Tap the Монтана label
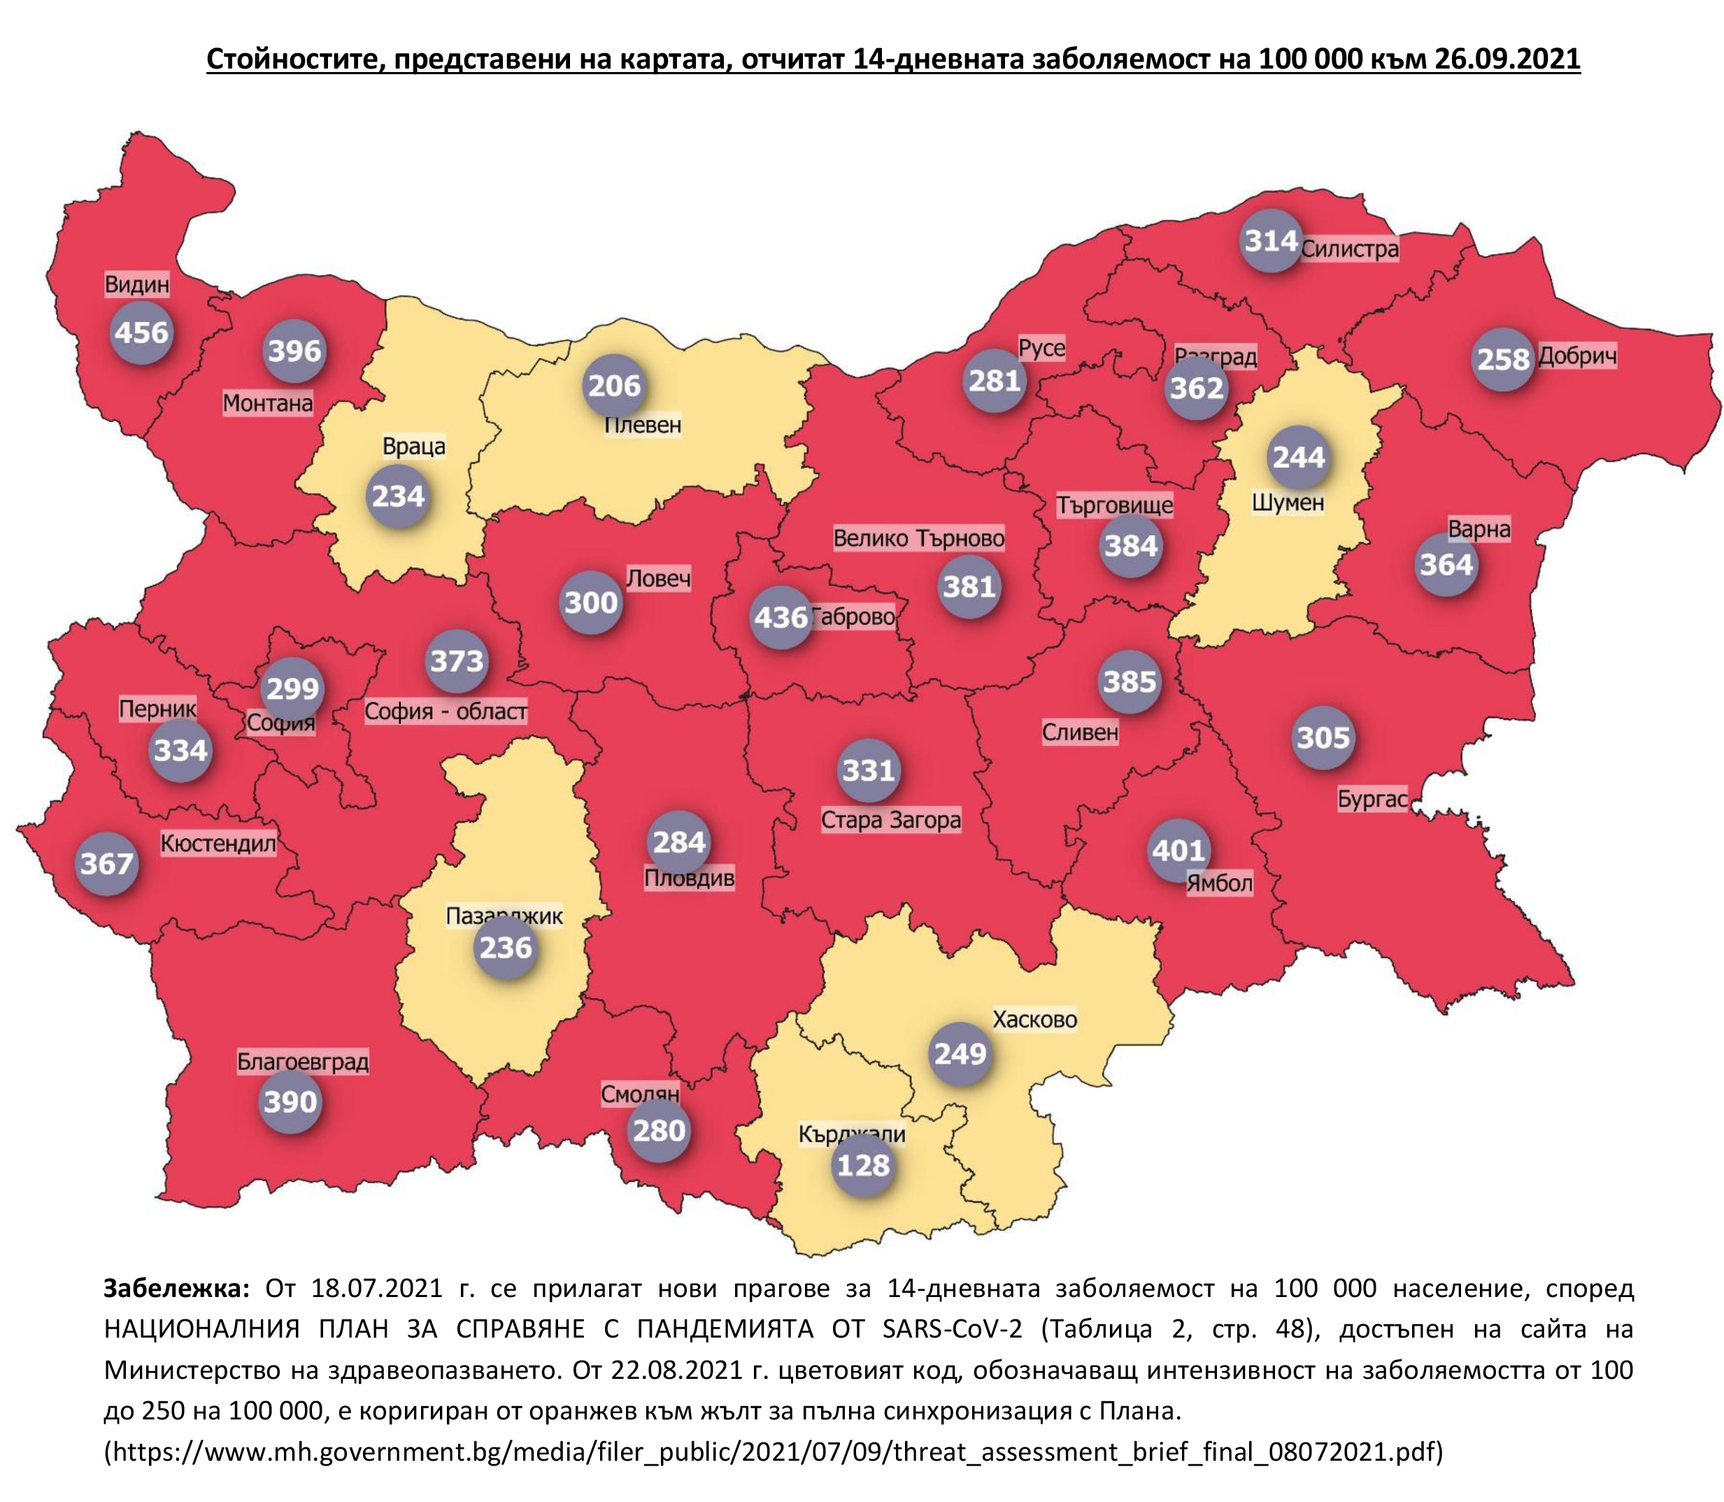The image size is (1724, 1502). coord(267,403)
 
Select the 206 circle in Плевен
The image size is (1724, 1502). coord(614,385)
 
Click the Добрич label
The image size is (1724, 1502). coord(1576,356)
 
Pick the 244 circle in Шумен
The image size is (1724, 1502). coord(1298,458)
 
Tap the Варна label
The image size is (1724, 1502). coord(1479,530)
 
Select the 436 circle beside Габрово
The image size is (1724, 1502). coord(781,618)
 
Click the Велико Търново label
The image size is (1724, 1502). coord(918,538)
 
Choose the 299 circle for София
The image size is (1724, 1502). coord(292,688)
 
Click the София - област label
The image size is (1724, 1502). coord(445,711)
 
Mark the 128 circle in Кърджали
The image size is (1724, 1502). coord(862,1165)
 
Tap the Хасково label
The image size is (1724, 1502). coord(1034,1020)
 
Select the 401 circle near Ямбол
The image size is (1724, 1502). coord(1178,851)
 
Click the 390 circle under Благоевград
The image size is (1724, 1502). coord(290,1101)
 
